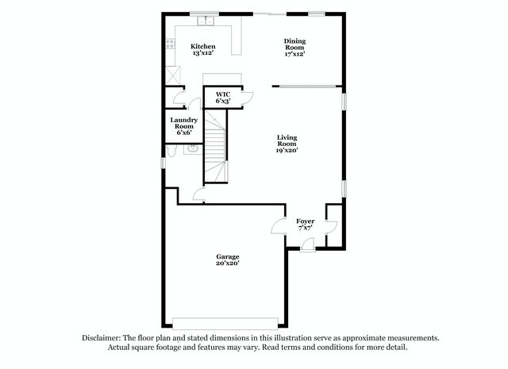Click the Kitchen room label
203,49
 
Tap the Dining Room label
294,48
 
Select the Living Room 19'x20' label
287,144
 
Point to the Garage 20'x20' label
228,259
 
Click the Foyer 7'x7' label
305,225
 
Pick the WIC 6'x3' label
223,98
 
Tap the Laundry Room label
184,126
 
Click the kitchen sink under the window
206,21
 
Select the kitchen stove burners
170,44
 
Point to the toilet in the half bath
171,151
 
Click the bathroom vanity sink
193,149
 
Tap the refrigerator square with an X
173,75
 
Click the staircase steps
215,146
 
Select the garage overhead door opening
225,323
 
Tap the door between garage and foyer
279,226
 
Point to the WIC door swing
247,98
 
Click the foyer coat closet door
331,227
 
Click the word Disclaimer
102,338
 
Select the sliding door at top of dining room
270,14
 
